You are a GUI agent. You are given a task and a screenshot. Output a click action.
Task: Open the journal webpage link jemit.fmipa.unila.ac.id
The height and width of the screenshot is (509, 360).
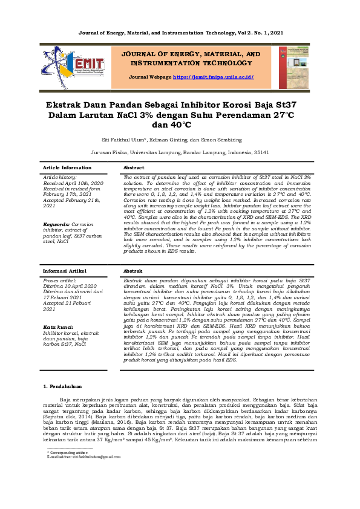click(x=213, y=77)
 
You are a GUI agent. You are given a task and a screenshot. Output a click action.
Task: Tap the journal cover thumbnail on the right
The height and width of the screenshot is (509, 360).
click(x=293, y=67)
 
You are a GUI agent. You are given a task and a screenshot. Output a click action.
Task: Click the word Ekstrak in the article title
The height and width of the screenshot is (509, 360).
click(x=71, y=104)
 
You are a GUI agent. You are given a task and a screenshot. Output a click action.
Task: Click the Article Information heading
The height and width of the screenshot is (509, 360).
click(x=67, y=167)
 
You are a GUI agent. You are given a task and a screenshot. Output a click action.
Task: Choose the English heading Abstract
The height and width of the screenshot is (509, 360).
click(x=134, y=167)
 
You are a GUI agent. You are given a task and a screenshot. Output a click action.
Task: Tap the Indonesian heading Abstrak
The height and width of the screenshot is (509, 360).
click(x=133, y=271)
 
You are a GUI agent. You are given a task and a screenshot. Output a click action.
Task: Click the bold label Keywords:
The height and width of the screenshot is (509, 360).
click(x=56, y=224)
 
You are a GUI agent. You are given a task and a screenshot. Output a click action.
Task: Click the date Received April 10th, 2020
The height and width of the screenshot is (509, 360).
click(x=73, y=183)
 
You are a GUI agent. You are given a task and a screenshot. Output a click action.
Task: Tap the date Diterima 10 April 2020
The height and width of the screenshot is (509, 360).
click(x=70, y=286)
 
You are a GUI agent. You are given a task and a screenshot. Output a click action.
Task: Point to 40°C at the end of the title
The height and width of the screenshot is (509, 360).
click(x=180, y=125)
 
